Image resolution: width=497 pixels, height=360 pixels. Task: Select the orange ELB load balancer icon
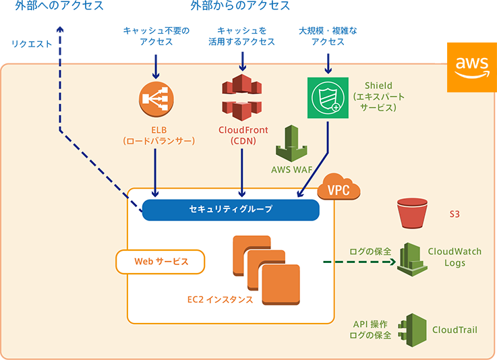[x=156, y=100]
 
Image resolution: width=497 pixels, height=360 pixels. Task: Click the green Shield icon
[x=327, y=98]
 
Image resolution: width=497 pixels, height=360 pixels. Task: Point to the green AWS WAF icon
[x=291, y=144]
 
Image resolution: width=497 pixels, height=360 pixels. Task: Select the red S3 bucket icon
[x=413, y=214]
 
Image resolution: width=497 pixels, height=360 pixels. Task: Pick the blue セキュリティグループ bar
[x=231, y=210]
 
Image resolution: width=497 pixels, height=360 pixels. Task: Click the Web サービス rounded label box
[x=160, y=262]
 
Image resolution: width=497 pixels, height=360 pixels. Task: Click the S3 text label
[x=455, y=215]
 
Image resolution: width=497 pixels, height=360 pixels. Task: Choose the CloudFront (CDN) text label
[x=243, y=136]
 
